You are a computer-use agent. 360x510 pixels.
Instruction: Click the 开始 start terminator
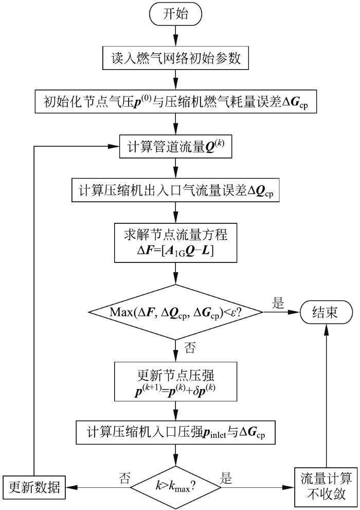pos(176,15)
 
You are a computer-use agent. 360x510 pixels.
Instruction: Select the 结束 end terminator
pos(326,312)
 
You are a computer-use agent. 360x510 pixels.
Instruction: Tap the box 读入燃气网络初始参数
pos(176,59)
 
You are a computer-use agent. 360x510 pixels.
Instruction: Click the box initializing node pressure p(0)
pos(176,103)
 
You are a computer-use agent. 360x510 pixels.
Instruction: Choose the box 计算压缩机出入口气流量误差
pos(176,190)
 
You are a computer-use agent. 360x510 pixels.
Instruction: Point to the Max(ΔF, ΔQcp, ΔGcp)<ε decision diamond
pos(176,312)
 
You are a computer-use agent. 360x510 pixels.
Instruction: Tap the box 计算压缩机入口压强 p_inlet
pos(176,433)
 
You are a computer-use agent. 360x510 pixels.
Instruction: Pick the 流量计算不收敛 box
pos(326,486)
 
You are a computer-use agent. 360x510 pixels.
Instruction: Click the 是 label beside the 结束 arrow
pos(278,304)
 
